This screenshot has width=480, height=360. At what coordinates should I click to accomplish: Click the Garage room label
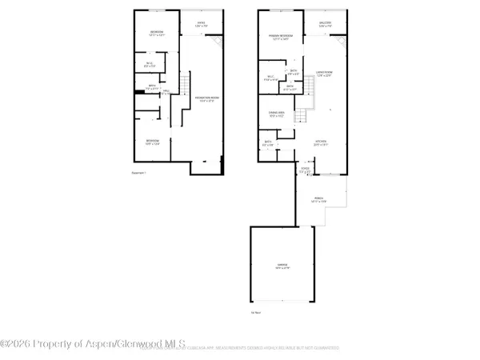pos(281,268)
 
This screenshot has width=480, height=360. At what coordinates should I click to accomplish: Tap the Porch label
pos(318,199)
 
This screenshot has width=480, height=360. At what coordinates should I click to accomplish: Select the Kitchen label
pos(321,144)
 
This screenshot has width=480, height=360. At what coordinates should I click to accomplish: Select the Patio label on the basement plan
pos(201,24)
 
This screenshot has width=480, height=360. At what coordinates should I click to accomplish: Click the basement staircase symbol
pos(185,82)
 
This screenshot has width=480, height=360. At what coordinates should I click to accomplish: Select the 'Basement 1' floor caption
pos(139,173)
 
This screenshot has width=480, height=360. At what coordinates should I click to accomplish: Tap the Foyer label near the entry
pos(303,169)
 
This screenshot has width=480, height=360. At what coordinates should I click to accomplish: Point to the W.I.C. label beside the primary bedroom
pos(271,78)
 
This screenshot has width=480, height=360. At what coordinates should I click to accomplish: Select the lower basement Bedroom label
pos(152,142)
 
